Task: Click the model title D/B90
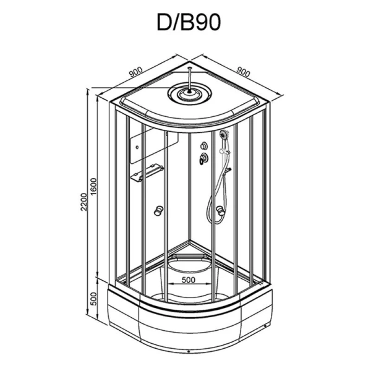(189, 22)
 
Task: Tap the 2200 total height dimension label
(84, 202)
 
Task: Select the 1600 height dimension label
(94, 187)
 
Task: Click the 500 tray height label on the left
(94, 299)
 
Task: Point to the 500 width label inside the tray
(189, 279)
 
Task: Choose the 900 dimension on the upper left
(136, 72)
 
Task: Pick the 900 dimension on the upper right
(243, 72)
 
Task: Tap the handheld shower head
(223, 135)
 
